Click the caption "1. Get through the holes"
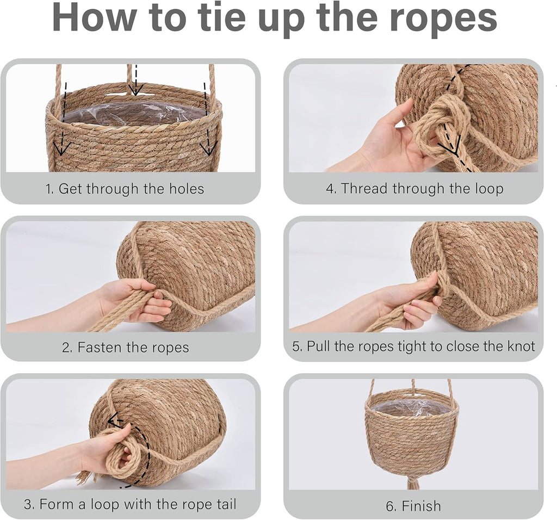[x=125, y=189]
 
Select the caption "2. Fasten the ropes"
[x=126, y=347]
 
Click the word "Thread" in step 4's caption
[x=364, y=188]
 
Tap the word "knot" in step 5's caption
[x=521, y=346]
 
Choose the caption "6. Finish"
[x=413, y=506]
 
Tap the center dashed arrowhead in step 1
[x=135, y=90]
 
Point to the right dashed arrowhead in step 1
[x=208, y=148]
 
